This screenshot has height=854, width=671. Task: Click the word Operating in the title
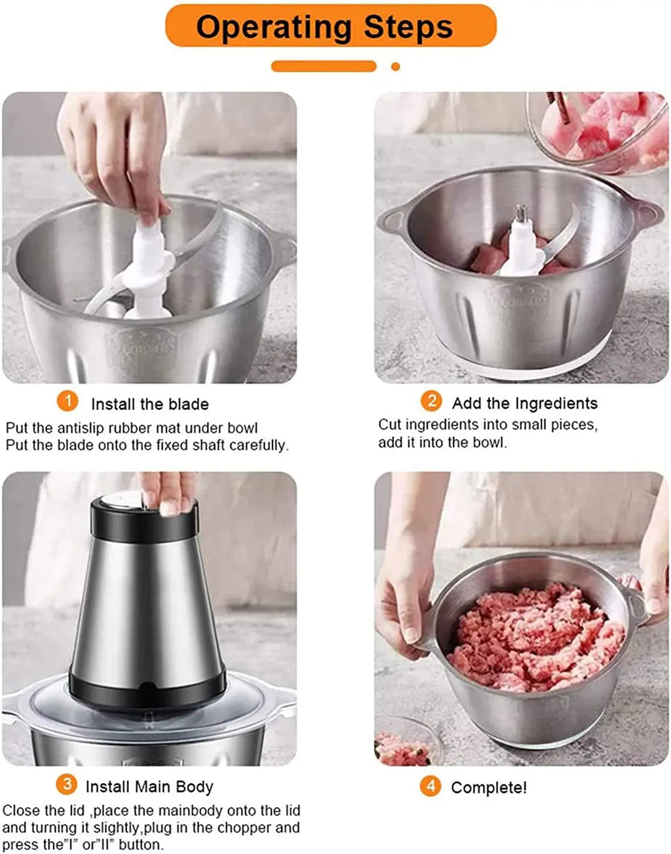tap(274, 28)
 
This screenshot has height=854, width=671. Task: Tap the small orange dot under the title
tap(395, 67)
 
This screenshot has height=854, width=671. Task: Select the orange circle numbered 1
tap(67, 401)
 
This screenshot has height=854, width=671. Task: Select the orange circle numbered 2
tap(431, 401)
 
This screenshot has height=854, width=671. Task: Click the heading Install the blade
tap(150, 404)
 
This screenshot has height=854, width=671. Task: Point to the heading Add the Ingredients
tap(525, 403)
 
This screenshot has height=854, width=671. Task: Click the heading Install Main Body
tap(149, 787)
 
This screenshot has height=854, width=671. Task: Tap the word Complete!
tap(489, 788)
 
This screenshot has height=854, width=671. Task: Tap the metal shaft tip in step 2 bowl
tap(521, 213)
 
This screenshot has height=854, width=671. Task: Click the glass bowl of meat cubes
tap(598, 130)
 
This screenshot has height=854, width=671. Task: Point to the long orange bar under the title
tap(324, 66)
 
